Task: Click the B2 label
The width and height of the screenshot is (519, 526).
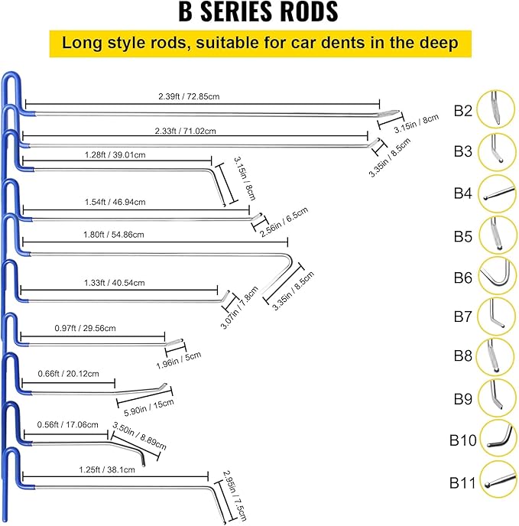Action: click(463, 110)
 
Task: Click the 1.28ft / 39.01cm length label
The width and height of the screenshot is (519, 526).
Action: click(115, 154)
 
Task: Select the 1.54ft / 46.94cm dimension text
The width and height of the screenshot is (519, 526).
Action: click(115, 202)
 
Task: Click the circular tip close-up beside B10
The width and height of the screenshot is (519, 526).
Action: click(498, 439)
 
